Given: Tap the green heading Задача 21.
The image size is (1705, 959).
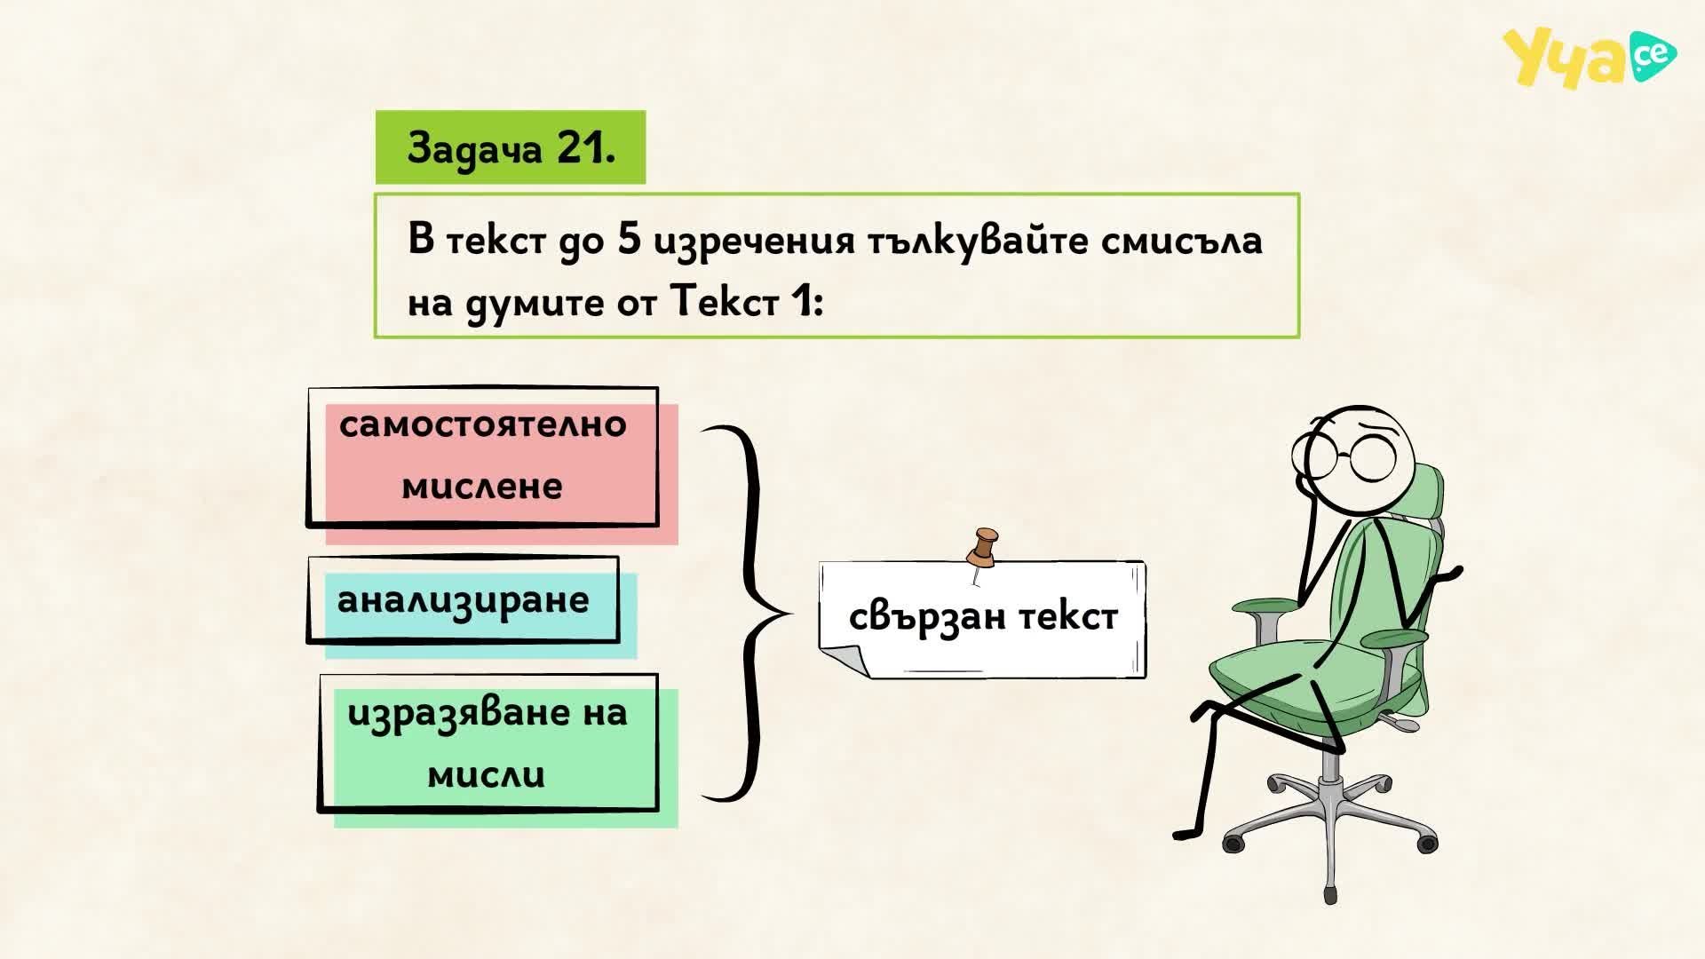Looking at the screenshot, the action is coord(511,147).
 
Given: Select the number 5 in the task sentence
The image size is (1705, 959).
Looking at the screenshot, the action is coord(629,239).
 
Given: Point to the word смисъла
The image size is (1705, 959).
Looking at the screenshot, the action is coord(1182,241).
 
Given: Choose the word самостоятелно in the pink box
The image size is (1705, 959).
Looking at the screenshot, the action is coord(483,424).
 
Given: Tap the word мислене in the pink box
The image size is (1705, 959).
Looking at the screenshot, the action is coord(482,486).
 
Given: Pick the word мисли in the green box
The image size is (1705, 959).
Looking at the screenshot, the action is coord(486,774).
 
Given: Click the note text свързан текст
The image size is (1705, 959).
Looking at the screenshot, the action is coord(983,616).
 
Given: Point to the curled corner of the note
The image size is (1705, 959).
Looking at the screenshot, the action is coord(843,661).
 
